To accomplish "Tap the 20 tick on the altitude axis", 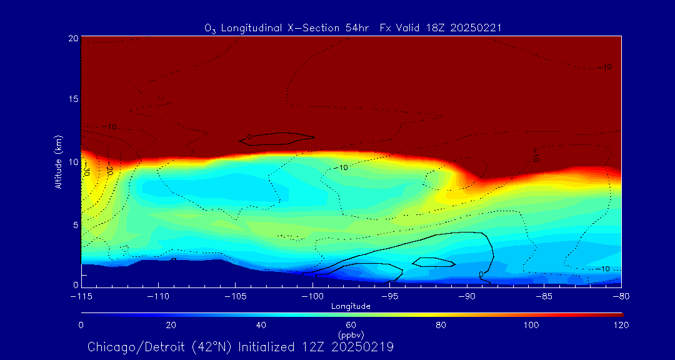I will (72, 38).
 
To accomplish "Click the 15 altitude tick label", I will (72, 100).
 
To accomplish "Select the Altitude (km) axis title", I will (58, 161).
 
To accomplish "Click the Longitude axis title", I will (351, 306).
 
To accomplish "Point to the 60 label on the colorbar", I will (351, 325).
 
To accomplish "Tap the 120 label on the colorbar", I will (621, 325).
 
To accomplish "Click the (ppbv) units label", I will (351, 335).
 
